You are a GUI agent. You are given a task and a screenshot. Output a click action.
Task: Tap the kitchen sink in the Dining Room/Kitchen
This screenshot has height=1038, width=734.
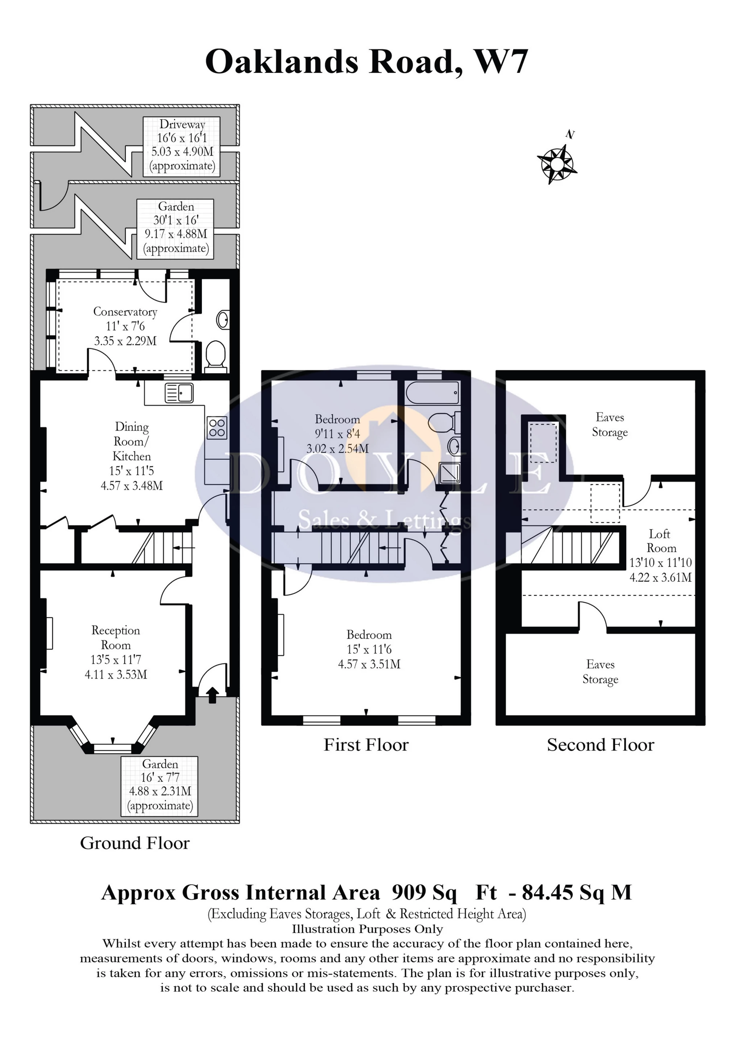179,393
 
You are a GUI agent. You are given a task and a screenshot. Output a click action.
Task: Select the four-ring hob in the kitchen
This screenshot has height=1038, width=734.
217,427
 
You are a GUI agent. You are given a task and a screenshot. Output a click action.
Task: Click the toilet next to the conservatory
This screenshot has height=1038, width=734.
216,355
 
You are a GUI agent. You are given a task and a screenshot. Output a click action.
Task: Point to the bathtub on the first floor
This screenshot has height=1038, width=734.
433,393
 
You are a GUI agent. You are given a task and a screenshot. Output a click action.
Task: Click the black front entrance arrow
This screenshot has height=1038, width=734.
212,695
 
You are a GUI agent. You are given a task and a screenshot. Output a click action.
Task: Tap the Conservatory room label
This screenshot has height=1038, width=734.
125,312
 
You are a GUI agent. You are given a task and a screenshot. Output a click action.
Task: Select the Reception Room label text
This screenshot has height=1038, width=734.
116,638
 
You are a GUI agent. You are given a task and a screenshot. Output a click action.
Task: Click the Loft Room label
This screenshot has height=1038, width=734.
661,541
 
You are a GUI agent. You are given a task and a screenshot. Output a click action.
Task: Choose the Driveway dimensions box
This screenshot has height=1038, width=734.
182,146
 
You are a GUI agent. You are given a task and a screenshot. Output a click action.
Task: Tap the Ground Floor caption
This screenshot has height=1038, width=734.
135,843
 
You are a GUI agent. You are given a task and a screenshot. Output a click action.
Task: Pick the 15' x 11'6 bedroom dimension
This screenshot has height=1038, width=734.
369,649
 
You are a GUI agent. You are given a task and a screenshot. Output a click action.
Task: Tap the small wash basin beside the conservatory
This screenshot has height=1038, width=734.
222,320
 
